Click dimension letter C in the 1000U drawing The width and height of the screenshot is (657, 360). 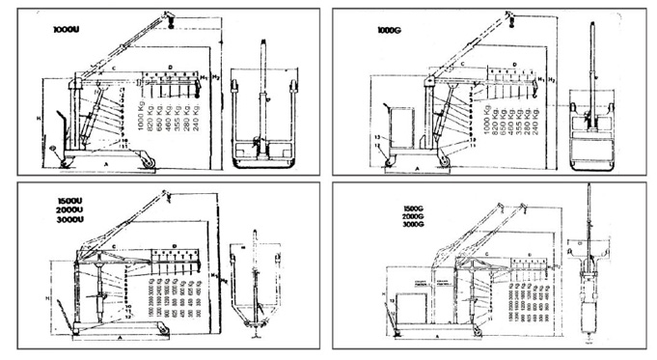(112, 69)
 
